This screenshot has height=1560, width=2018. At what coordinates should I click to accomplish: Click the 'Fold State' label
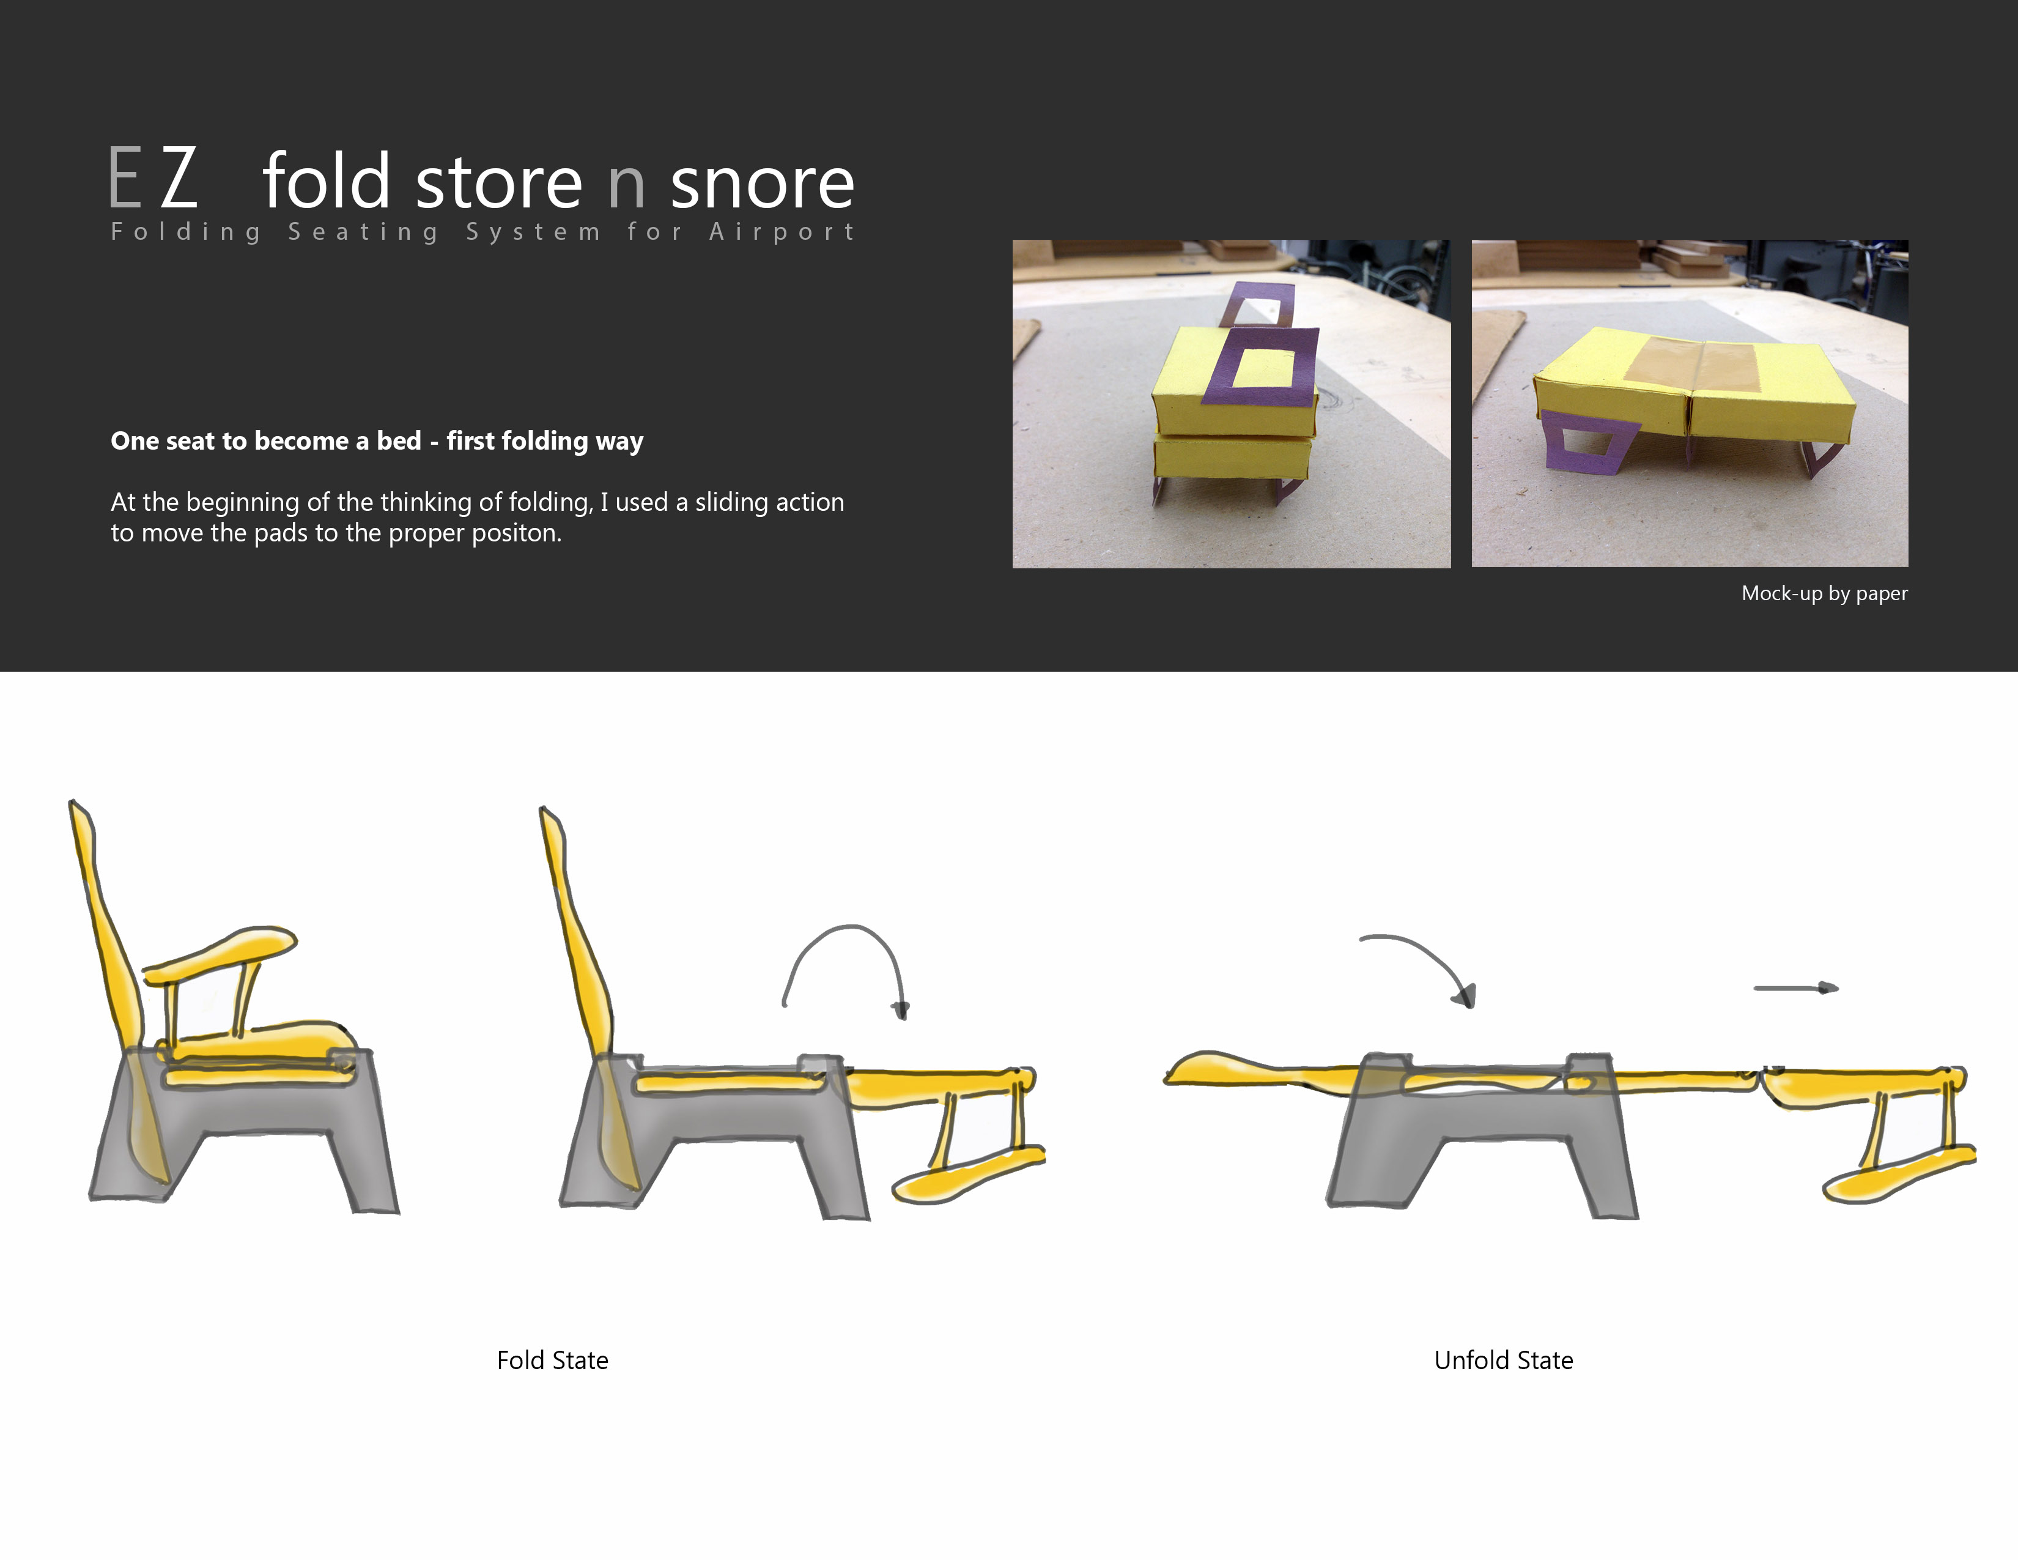coord(553,1361)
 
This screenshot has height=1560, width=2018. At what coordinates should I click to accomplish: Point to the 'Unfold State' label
coord(1503,1361)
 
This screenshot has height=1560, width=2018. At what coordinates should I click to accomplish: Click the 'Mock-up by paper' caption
coord(1824,593)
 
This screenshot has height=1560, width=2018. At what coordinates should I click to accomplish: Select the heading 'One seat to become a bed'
coord(266,441)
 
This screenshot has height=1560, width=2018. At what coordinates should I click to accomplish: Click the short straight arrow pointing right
coord(1796,988)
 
